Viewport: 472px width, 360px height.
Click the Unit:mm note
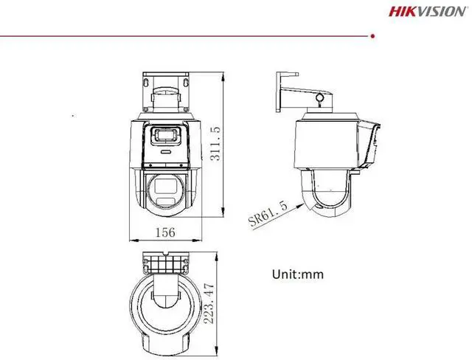(298, 274)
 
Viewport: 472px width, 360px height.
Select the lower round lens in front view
(164, 190)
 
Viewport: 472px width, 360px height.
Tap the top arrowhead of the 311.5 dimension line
(224, 74)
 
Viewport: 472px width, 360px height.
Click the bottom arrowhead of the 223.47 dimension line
(219, 350)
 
